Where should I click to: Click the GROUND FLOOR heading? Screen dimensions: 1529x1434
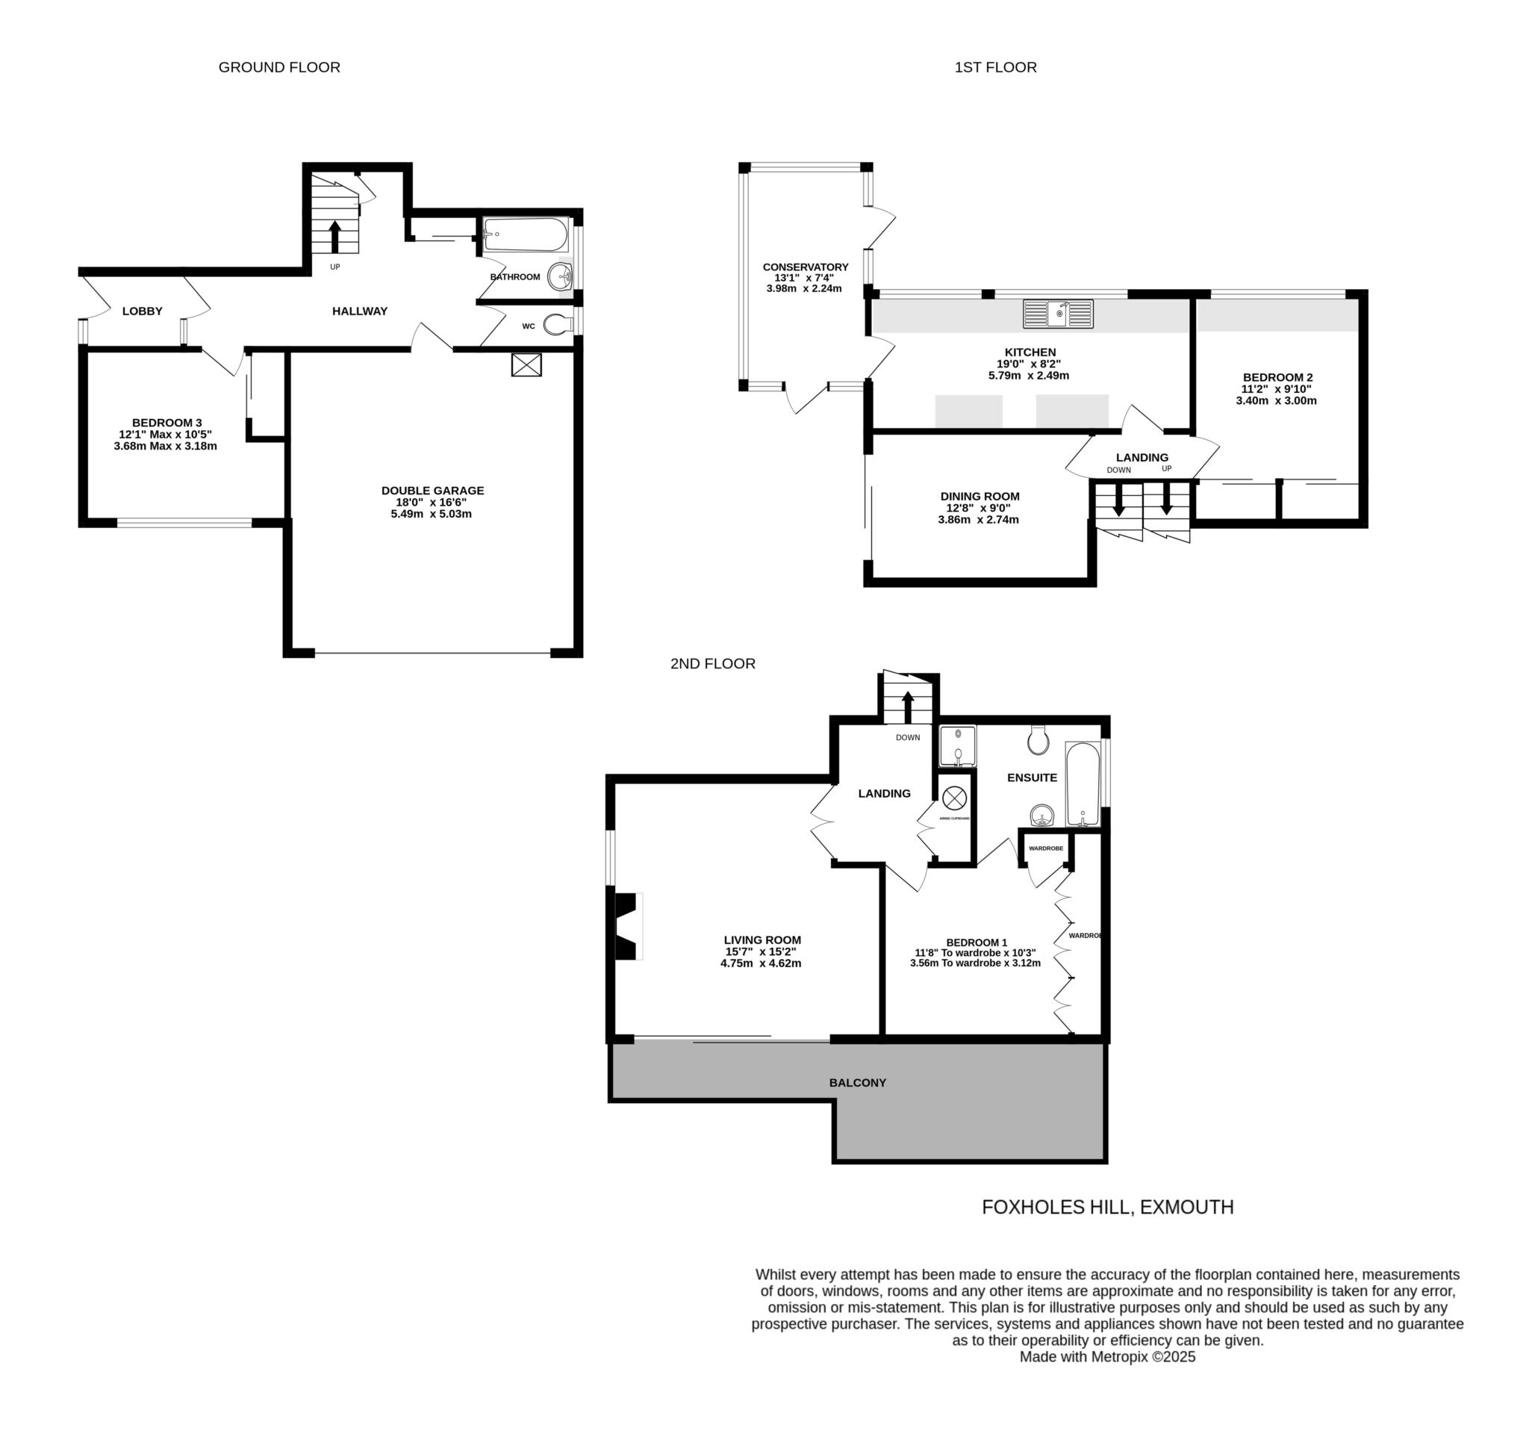[x=279, y=68]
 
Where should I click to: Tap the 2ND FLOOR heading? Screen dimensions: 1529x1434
[x=713, y=664]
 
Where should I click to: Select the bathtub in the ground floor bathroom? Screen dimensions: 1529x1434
[x=526, y=235]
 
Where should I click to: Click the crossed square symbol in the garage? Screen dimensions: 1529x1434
[x=526, y=364]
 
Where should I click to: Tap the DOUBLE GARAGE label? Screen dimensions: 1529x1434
[x=432, y=491]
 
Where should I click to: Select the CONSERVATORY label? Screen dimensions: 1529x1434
[x=806, y=267]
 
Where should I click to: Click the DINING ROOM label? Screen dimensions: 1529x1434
[x=980, y=497]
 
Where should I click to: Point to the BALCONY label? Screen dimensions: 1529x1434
[x=858, y=1082]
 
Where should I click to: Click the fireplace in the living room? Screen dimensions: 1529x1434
[x=627, y=926]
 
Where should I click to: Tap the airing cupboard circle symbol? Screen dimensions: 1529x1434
[x=954, y=798]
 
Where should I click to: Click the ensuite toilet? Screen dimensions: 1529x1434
[x=1038, y=740]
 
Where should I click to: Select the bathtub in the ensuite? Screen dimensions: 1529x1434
[x=1082, y=784]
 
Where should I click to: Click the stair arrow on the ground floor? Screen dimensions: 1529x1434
[x=334, y=237]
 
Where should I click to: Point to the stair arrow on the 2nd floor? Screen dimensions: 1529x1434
[x=908, y=707]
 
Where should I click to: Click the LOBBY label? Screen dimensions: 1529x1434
[x=143, y=311]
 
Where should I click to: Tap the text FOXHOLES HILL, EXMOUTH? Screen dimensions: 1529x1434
[x=1107, y=1208]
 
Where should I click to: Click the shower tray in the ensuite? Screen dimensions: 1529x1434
[x=958, y=746]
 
